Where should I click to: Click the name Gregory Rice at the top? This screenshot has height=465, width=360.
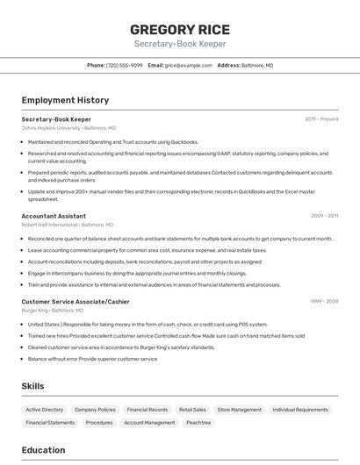click(180, 28)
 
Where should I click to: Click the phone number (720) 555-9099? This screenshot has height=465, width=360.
click(124, 66)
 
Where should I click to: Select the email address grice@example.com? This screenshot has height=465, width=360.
click(188, 66)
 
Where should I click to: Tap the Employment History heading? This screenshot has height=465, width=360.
click(65, 101)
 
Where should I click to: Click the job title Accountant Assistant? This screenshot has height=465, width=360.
click(54, 216)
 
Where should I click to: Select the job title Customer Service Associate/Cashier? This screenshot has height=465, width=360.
click(76, 302)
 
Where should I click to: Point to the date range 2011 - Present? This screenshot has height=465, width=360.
click(321, 119)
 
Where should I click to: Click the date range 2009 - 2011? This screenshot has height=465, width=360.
click(324, 216)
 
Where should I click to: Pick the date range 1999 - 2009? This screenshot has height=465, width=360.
click(324, 302)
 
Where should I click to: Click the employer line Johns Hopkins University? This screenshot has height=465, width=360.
click(68, 128)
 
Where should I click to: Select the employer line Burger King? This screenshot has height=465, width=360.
click(53, 311)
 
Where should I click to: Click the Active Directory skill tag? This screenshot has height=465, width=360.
click(45, 410)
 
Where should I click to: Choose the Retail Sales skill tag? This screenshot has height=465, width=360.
click(192, 410)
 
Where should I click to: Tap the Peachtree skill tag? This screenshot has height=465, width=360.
click(198, 423)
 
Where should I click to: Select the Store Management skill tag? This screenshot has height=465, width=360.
click(239, 410)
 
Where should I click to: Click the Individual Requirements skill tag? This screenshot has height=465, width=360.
click(300, 410)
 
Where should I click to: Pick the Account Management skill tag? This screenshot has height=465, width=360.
click(149, 423)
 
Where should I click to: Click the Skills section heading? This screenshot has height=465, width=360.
click(33, 386)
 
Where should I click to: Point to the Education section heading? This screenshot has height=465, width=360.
click(44, 450)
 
